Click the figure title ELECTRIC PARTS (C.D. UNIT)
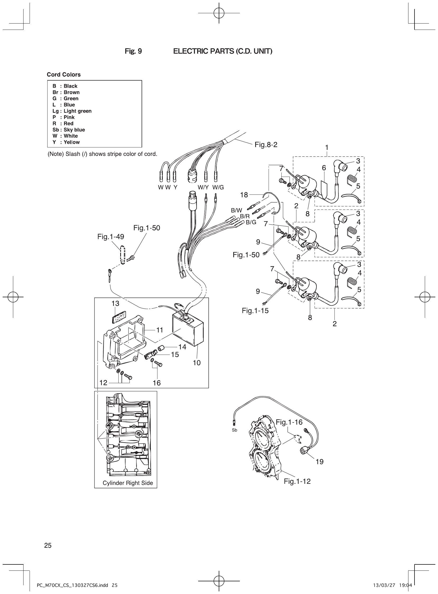pyautogui.click(x=222, y=51)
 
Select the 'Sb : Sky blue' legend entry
pyautogui.click(x=69, y=130)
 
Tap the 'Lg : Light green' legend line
pyautogui.click(x=72, y=111)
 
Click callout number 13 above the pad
pyautogui.click(x=115, y=303)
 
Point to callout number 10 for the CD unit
pyautogui.click(x=197, y=363)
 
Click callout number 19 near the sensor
pyautogui.click(x=319, y=462)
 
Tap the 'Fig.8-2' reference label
pyautogui.click(x=266, y=145)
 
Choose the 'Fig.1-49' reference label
pyautogui.click(x=111, y=236)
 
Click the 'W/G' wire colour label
pyautogui.click(x=218, y=188)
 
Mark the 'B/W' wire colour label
pyautogui.click(x=236, y=211)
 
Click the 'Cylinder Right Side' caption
pyautogui.click(x=128, y=483)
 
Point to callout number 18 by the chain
pyautogui.click(x=244, y=195)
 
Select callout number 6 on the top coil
pyautogui.click(x=324, y=168)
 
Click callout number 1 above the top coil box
pyautogui.click(x=327, y=147)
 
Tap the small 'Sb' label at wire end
pyautogui.click(x=234, y=430)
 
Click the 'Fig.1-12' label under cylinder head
pyautogui.click(x=297, y=481)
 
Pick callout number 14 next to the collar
pyautogui.click(x=182, y=347)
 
